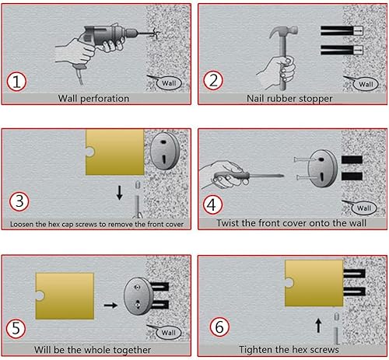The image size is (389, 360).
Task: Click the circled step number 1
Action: [x=16, y=82]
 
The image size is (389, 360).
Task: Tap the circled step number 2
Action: [x=213, y=80]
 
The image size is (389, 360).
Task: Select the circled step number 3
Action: [x=19, y=201]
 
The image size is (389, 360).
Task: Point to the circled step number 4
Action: [x=212, y=204]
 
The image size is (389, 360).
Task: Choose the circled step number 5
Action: [x=16, y=329]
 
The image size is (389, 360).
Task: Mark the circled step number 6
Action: [x=219, y=327]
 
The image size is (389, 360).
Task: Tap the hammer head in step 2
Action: [x=284, y=32]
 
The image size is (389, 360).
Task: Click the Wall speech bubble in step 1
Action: [x=169, y=83]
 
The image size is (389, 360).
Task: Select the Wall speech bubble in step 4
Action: [x=363, y=208]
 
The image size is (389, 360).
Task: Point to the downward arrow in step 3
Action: [x=120, y=193]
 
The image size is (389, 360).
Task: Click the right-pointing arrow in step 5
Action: [x=110, y=306]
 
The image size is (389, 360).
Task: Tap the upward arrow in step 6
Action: [x=318, y=326]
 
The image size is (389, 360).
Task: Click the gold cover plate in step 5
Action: [x=65, y=295]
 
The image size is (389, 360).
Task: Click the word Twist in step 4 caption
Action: [x=228, y=223]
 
